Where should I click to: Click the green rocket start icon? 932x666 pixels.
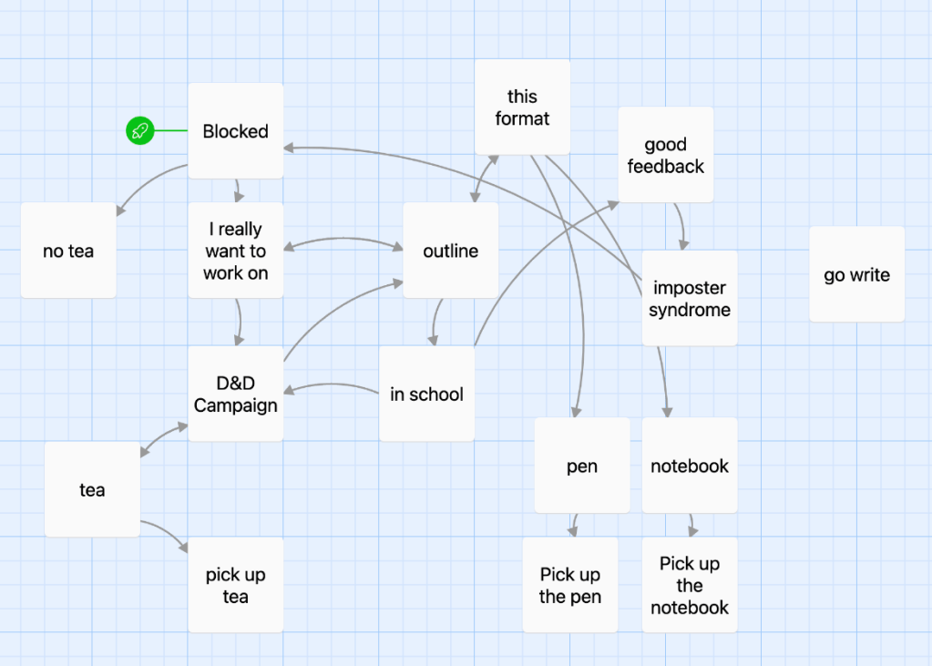[x=139, y=131]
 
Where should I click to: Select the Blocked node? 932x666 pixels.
[x=235, y=131]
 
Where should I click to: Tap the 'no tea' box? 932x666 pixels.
[x=68, y=251]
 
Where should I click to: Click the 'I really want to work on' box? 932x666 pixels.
[x=235, y=251]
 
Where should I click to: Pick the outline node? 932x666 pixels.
[x=450, y=251]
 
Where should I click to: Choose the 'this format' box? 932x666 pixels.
[x=522, y=108]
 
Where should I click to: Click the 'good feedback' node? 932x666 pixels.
[x=665, y=155]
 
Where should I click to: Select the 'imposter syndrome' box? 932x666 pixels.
[x=689, y=299]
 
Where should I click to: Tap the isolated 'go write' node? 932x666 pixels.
[x=856, y=274]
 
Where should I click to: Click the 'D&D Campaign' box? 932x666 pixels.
[x=235, y=394]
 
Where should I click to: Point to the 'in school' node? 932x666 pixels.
[x=426, y=394]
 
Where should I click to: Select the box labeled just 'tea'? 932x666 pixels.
[x=92, y=489]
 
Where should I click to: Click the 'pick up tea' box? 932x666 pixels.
[x=235, y=585]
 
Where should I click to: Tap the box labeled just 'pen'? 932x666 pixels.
[x=581, y=466]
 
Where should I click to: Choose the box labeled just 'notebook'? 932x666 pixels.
[x=689, y=466]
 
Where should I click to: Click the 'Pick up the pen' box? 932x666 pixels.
[x=569, y=585]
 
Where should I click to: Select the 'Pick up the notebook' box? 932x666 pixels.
[x=689, y=585]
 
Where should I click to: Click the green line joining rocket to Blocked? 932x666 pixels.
[x=170, y=131]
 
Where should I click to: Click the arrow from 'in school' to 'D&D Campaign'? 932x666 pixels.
[x=333, y=386]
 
